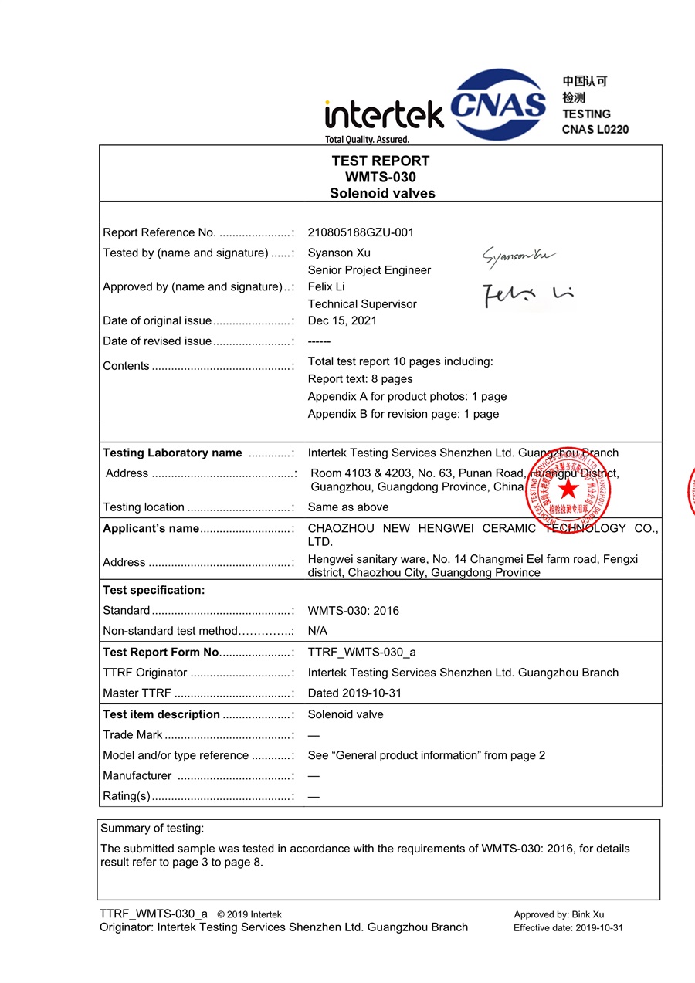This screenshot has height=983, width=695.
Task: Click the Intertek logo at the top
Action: point(384,117)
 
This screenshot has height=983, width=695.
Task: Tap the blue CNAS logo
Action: point(497,104)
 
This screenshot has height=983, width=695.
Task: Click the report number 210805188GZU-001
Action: point(361,232)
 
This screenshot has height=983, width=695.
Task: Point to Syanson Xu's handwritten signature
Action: point(518,256)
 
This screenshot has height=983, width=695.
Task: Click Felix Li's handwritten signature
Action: point(528,294)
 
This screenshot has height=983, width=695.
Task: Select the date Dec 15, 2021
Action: point(342,320)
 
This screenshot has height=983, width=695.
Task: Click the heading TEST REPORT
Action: point(381,161)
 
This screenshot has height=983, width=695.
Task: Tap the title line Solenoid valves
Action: point(382,193)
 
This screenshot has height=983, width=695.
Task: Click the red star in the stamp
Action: point(568,489)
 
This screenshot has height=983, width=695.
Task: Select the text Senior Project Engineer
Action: point(369,270)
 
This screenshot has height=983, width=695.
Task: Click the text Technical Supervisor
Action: point(362,303)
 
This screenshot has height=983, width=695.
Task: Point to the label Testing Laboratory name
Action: point(172,453)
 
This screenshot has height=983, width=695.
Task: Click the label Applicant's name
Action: point(151,528)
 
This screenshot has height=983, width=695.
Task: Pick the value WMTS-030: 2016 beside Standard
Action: point(354,611)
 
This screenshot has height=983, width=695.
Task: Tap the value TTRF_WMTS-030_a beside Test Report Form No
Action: point(361,652)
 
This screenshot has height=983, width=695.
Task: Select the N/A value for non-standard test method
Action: point(317,631)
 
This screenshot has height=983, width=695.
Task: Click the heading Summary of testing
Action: point(152,829)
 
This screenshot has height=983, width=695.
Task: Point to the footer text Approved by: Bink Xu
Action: point(559,915)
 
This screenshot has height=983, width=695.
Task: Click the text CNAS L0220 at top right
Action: point(595,129)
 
